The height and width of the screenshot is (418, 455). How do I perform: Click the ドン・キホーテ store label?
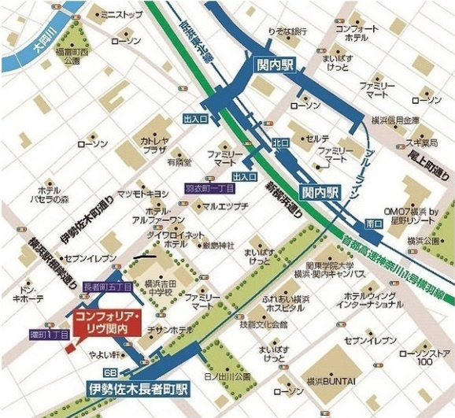[x=28, y=294]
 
